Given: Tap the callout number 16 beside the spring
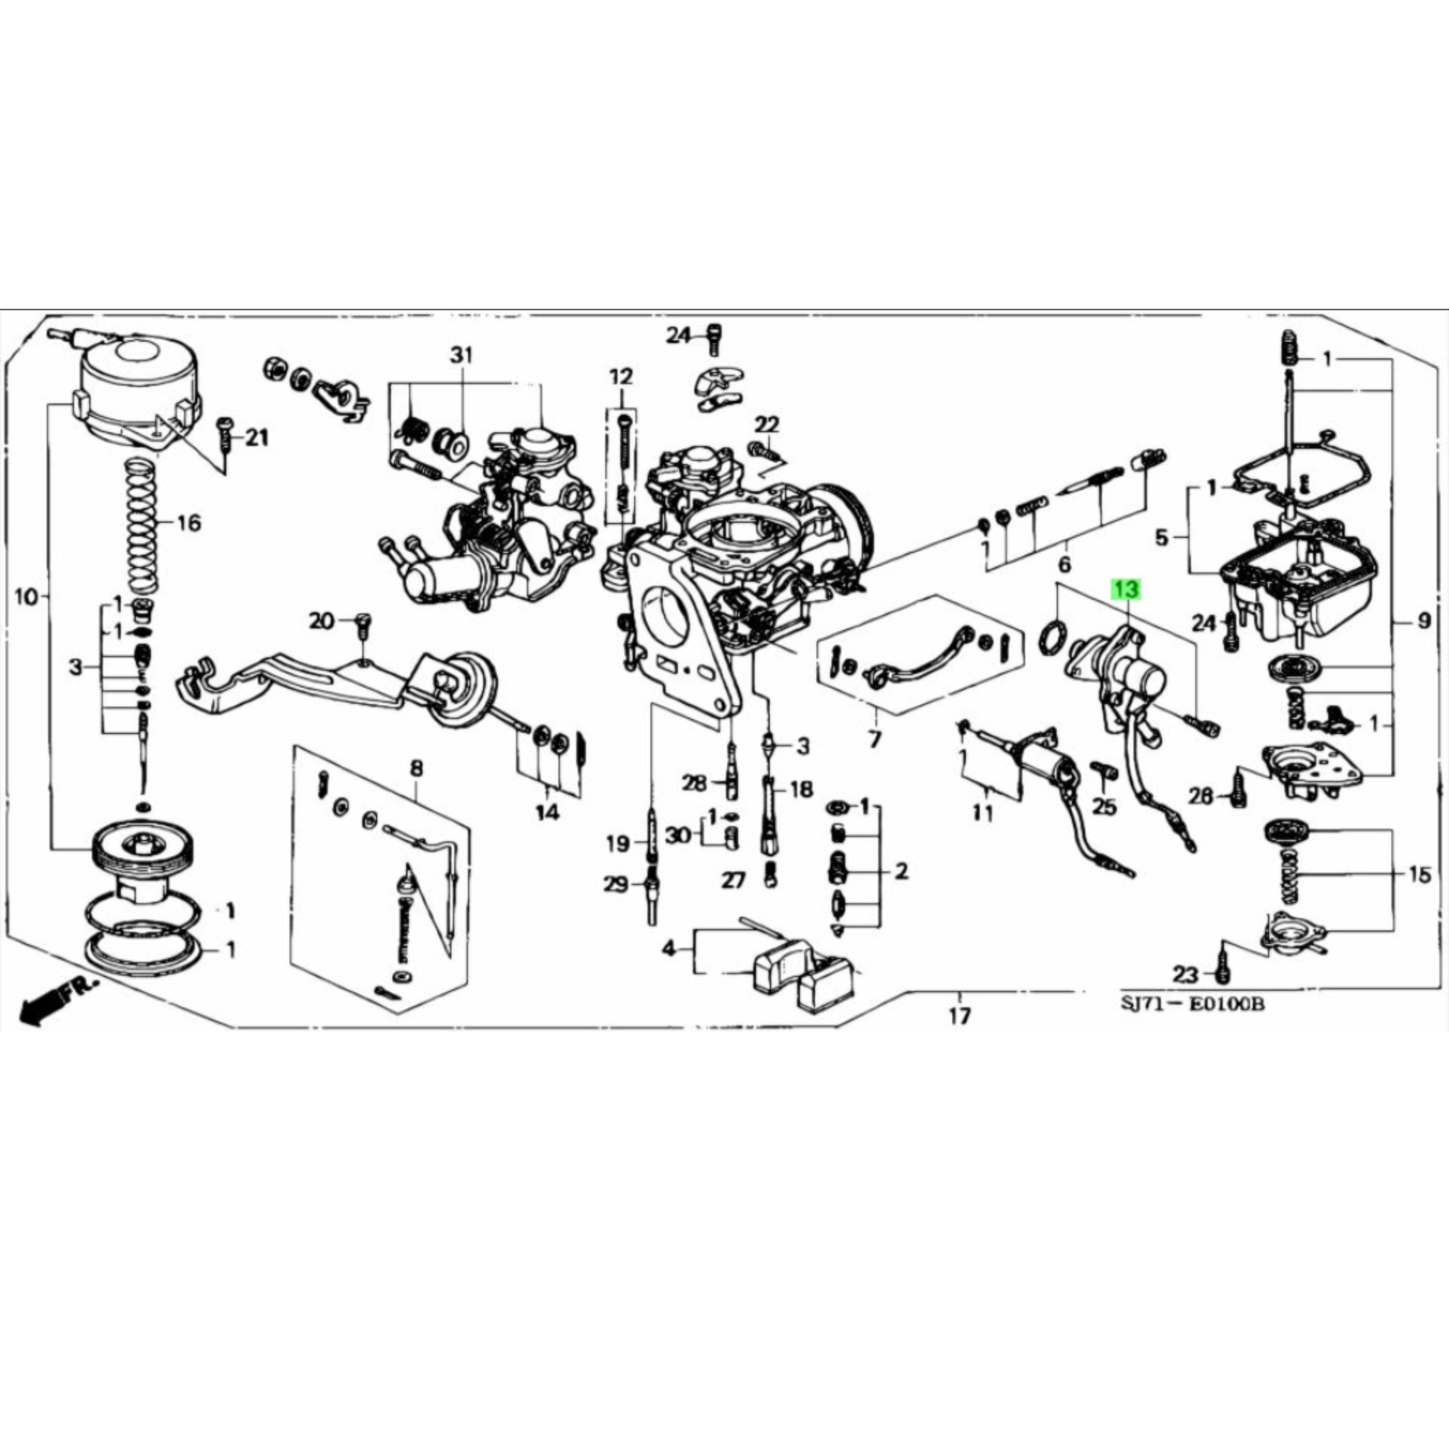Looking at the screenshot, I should tap(189, 523).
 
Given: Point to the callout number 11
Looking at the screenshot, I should tap(982, 812).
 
